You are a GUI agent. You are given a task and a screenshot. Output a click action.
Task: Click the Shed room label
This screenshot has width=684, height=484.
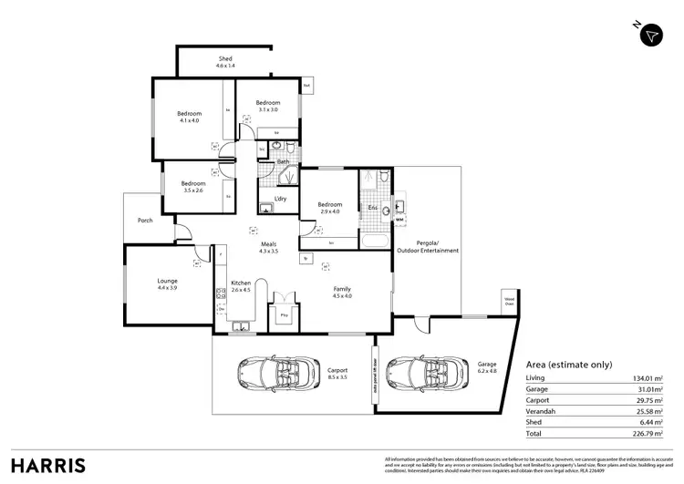click(x=225, y=62)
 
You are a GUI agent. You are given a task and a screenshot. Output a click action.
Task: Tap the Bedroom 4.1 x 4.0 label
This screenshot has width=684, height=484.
click(x=189, y=117)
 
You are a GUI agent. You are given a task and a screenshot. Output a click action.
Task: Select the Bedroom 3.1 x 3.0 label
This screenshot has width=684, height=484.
click(x=266, y=106)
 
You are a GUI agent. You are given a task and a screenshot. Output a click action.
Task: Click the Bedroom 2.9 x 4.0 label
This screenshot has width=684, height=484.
click(x=329, y=208)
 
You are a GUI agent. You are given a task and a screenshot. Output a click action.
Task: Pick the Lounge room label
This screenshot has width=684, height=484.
click(x=167, y=283)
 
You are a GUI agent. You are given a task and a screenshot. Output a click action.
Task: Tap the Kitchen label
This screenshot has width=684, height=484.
click(x=241, y=286)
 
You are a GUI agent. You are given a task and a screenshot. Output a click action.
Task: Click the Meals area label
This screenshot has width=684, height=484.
click(x=270, y=246)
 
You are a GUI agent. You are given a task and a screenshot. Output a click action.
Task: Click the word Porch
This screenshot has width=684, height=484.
click(x=145, y=221)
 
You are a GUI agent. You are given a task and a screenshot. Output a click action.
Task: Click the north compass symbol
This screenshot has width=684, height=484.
click(x=650, y=34)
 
